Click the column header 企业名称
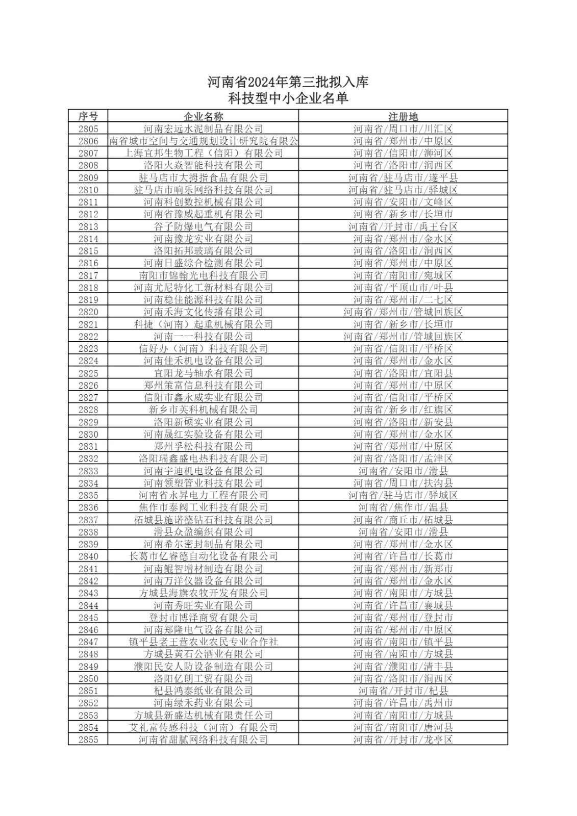pos(203,116)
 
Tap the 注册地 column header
pos(403,116)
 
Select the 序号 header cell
pos(88,116)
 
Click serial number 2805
pos(88,129)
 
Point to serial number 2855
pos(88,739)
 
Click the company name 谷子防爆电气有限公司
pos(203,226)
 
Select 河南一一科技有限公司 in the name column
pos(203,337)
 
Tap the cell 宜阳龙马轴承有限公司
pos(203,373)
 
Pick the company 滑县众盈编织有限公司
pos(203,532)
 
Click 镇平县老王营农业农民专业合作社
pos(203,642)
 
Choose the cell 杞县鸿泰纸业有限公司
pos(203,691)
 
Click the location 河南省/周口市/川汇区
pos(403,129)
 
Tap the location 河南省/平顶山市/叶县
pos(403,288)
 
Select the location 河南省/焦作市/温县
pos(403,507)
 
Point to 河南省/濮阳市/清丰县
pos(403,666)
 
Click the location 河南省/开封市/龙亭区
pos(403,739)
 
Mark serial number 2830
pos(88,434)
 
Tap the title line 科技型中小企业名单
pos(288,98)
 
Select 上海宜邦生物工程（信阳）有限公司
pos(203,153)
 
